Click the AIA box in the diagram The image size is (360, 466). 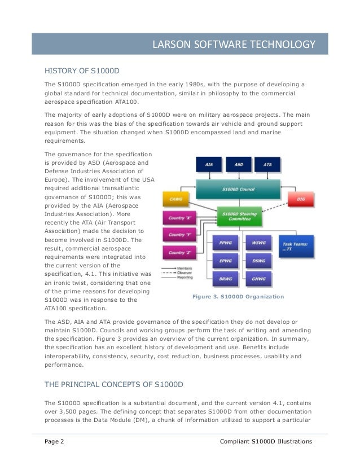pyautogui.click(x=209, y=165)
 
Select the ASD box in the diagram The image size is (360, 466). pyautogui.click(x=238, y=165)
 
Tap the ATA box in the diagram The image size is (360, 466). pyautogui.click(x=267, y=165)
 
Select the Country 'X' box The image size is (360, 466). pyautogui.click(x=177, y=217)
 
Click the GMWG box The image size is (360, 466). pyautogui.click(x=259, y=278)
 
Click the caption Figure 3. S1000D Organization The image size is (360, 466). pyautogui.click(x=238, y=296)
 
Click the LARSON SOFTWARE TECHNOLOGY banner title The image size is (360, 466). pyautogui.click(x=234, y=44)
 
